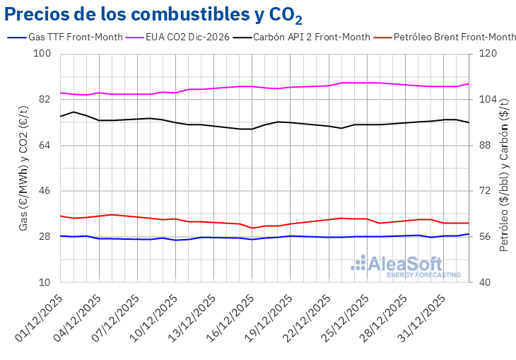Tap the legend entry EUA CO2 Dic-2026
click(x=187, y=37)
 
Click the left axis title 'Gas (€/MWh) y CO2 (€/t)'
click(x=23, y=168)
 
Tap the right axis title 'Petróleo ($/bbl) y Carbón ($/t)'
click(x=504, y=168)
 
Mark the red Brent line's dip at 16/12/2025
click(x=252, y=228)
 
